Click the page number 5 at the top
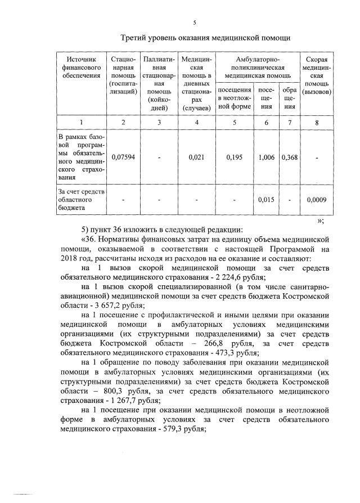coord(194,23)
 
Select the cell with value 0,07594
coord(123,158)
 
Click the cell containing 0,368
coord(290,158)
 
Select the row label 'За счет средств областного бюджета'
coord(81,199)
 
